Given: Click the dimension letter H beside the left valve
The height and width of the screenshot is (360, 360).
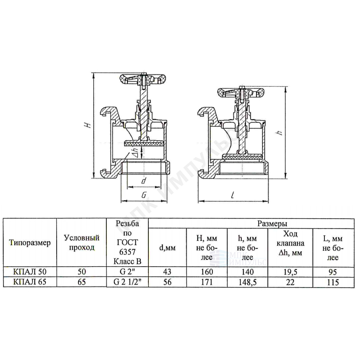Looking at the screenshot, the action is click(88, 125).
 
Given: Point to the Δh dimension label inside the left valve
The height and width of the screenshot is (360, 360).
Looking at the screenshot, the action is click(136, 152).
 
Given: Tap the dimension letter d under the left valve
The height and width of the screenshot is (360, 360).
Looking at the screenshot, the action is click(144, 181).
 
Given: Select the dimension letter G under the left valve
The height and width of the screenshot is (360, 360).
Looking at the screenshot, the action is click(144, 195).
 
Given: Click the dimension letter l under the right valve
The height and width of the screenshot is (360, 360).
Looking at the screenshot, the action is click(233, 195).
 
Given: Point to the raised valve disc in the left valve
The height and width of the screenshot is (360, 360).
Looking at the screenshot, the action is click(144, 144).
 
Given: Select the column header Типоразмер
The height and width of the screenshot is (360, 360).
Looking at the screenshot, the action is click(30, 243).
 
